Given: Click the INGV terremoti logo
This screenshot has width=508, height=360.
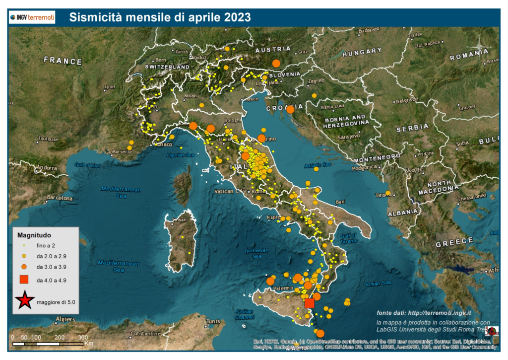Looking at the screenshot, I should click(32, 18).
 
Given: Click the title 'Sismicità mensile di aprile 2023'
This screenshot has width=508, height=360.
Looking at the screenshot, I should click(160, 17).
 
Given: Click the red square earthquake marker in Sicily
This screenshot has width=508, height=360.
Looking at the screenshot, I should click(310, 303).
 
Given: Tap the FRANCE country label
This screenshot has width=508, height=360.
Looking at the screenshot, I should click(63, 61).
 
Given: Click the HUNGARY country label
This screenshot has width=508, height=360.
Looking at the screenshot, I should click(362, 52).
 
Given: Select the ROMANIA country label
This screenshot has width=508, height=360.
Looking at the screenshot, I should click(469, 57).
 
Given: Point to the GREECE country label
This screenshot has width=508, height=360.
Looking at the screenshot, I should click(454, 242).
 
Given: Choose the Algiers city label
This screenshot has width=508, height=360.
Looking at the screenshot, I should click(65, 319).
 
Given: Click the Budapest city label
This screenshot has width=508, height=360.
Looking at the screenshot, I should click(369, 30).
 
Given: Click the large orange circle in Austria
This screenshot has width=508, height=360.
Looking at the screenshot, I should click(276, 63).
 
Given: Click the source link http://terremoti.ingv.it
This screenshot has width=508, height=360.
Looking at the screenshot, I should click(438, 313).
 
